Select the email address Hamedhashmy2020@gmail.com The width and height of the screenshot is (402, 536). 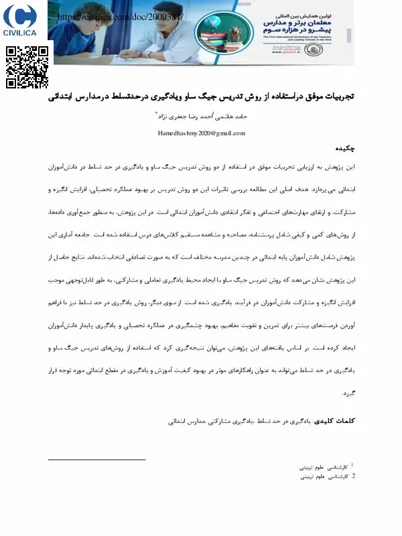200,133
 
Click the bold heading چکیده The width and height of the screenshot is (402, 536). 342,147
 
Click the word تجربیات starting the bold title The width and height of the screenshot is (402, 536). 335,98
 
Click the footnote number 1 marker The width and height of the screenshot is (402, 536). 352,464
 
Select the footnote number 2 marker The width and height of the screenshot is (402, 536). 353,476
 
